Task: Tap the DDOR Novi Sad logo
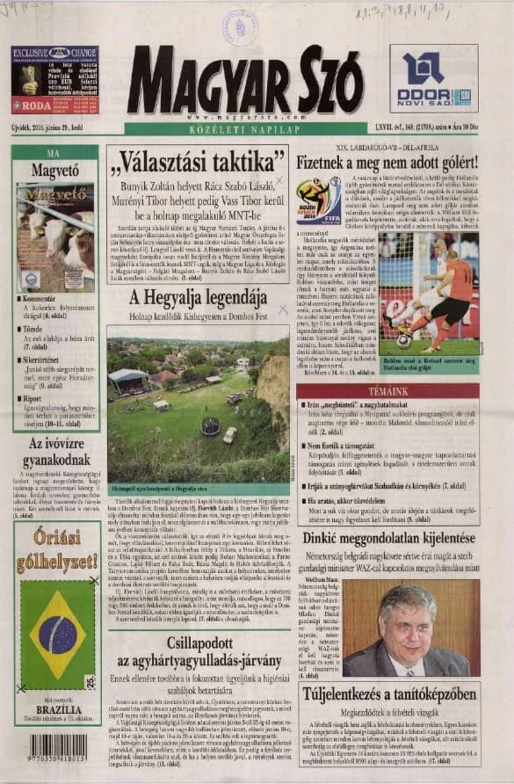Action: [x=433, y=80]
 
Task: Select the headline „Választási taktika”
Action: [x=197, y=163]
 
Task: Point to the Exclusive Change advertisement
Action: [x=54, y=81]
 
